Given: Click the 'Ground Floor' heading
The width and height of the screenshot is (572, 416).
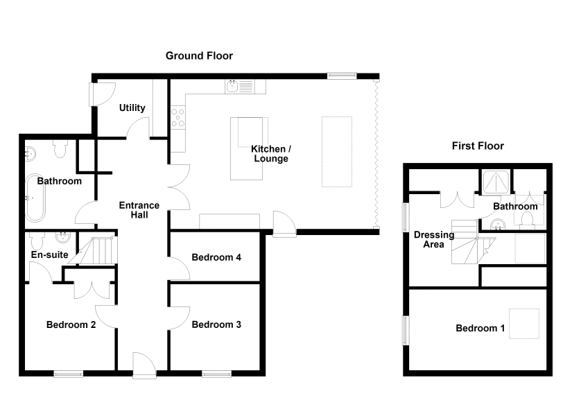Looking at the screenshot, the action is click(199, 56).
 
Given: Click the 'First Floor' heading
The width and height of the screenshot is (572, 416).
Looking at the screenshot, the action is click(478, 146).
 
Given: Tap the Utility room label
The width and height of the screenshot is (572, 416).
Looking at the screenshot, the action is click(132, 108).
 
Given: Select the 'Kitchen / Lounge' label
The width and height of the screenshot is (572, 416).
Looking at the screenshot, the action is click(271, 154).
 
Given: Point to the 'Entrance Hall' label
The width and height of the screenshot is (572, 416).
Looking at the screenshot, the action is click(139, 210).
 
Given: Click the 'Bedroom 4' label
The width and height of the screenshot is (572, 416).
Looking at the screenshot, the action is click(216, 257).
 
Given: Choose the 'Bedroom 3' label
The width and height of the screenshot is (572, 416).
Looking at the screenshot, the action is click(216, 324).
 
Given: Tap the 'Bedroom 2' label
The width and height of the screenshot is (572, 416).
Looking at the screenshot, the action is click(71, 324).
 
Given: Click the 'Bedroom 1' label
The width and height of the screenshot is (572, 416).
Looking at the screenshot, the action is click(480, 328).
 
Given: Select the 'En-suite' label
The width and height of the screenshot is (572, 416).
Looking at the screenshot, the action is click(50, 254).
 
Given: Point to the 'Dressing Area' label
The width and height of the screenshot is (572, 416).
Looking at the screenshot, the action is click(434, 239).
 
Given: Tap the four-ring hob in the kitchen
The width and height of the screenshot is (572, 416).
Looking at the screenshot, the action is click(178, 117).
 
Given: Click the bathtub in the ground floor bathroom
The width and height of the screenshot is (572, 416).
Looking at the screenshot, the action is click(35, 198).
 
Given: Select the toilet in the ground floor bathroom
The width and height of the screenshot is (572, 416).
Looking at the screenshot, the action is click(60, 149).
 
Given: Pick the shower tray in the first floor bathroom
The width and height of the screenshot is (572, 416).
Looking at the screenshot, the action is click(496, 182).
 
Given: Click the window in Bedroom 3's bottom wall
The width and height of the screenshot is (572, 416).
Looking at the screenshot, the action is click(217, 374).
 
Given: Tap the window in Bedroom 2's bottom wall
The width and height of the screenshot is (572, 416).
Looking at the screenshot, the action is click(69, 374).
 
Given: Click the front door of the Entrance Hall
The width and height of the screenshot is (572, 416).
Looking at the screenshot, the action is click(144, 365).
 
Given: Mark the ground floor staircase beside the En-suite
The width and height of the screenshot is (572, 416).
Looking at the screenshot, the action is click(97, 250).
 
